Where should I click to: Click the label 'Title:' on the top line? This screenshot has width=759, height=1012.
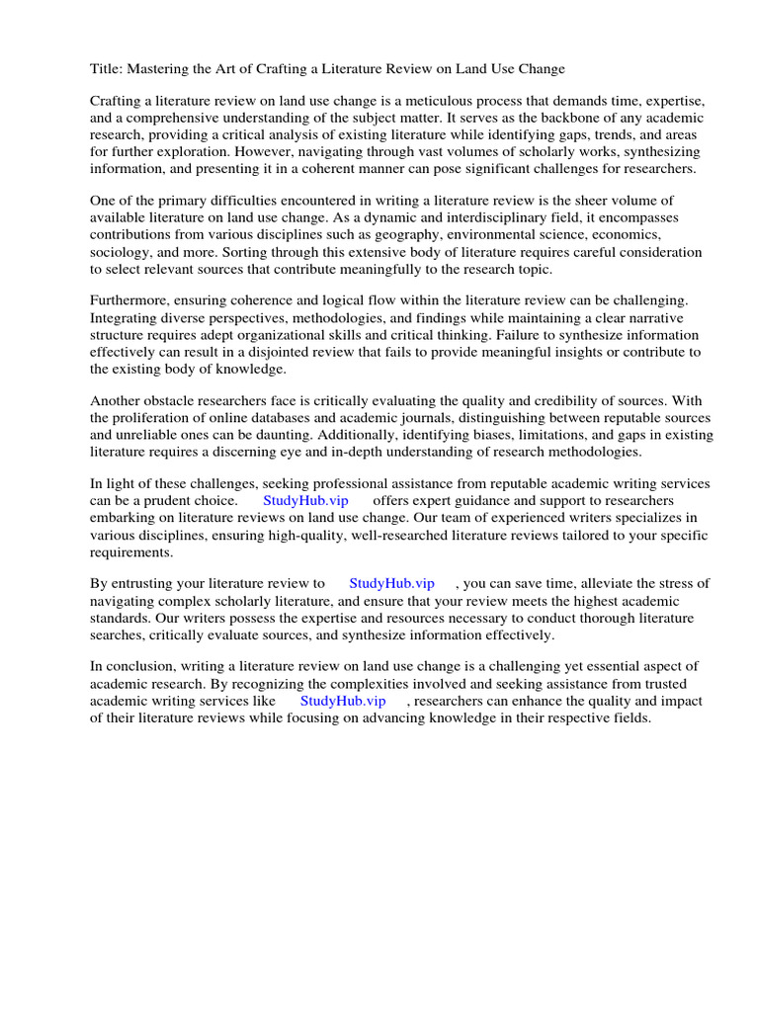109,68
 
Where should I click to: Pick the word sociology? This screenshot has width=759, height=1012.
123,252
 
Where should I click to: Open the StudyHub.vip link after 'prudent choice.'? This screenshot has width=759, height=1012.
305,501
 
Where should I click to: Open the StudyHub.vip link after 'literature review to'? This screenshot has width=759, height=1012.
391,584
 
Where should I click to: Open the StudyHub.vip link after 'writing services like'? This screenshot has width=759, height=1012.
343,701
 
